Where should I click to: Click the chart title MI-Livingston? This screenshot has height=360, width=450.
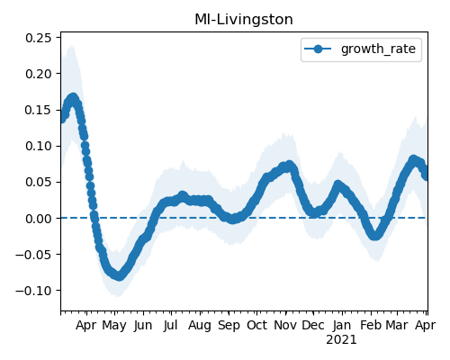(244, 20)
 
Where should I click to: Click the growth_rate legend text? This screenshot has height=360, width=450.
(378, 49)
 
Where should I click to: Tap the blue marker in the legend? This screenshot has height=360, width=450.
(318, 49)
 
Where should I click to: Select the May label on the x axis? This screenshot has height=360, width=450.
(114, 326)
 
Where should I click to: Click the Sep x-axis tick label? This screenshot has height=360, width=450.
(229, 326)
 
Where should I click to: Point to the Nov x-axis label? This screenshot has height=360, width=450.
(285, 325)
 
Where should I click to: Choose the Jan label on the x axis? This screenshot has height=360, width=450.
(342, 325)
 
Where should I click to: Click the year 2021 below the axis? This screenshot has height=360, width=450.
(342, 340)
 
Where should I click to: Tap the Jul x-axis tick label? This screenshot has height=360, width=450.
(171, 325)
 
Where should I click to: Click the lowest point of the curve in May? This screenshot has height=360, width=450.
(119, 275)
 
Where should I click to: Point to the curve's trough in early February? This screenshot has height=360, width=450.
(374, 235)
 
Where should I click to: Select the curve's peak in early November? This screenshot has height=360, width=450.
(289, 166)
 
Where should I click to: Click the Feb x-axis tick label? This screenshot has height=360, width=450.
(371, 325)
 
